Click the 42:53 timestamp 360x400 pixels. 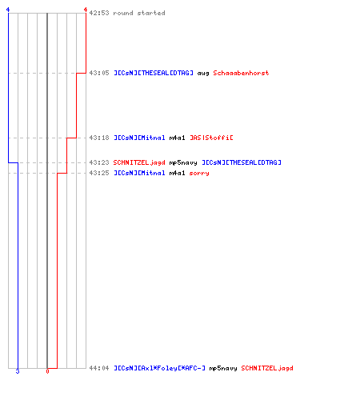coord(99,13)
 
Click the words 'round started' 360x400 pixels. coord(139,13)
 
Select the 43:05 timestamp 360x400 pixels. coord(99,73)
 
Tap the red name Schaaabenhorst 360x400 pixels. coord(241,73)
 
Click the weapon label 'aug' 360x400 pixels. coord(203,74)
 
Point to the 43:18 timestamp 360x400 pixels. coord(99,138)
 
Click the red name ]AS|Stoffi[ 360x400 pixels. coord(211,138)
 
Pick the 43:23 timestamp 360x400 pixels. coord(99,162)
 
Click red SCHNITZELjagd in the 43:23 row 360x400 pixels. coord(139,162)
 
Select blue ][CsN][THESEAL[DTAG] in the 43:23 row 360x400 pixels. coord(242,162)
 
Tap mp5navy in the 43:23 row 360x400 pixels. coord(183,163)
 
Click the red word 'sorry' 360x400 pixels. coord(199,174)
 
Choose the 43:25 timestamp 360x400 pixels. coord(99,173)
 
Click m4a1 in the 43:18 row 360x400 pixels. coord(177,138)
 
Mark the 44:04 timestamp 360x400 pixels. coord(99,368)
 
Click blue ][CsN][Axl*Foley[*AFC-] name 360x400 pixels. coord(159,368)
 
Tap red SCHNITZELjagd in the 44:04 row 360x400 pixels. coord(267,368)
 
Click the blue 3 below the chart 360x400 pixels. coord(18,371)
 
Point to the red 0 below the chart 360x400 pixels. coord(47,371)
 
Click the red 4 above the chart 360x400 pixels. coord(86,10)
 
